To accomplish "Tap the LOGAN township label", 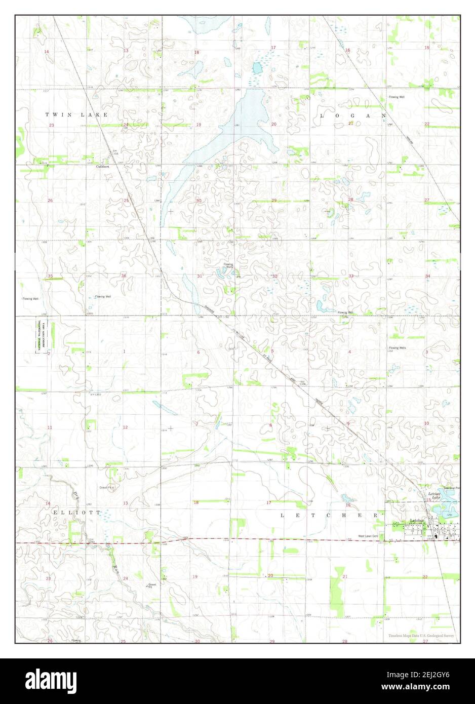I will pyautogui.click(x=352, y=116).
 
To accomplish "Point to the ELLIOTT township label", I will pyautogui.click(x=68, y=513).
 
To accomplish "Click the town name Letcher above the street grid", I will pyautogui.click(x=416, y=521).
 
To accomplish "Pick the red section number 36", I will pyautogui.click(x=124, y=276).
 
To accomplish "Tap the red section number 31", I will pyautogui.click(x=199, y=276).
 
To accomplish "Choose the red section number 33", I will pyautogui.click(x=350, y=276).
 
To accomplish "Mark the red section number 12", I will pyautogui.click(x=125, y=427).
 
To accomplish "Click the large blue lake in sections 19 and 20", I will pyautogui.click(x=238, y=127).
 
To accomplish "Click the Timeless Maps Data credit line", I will pyautogui.click(x=421, y=636).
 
